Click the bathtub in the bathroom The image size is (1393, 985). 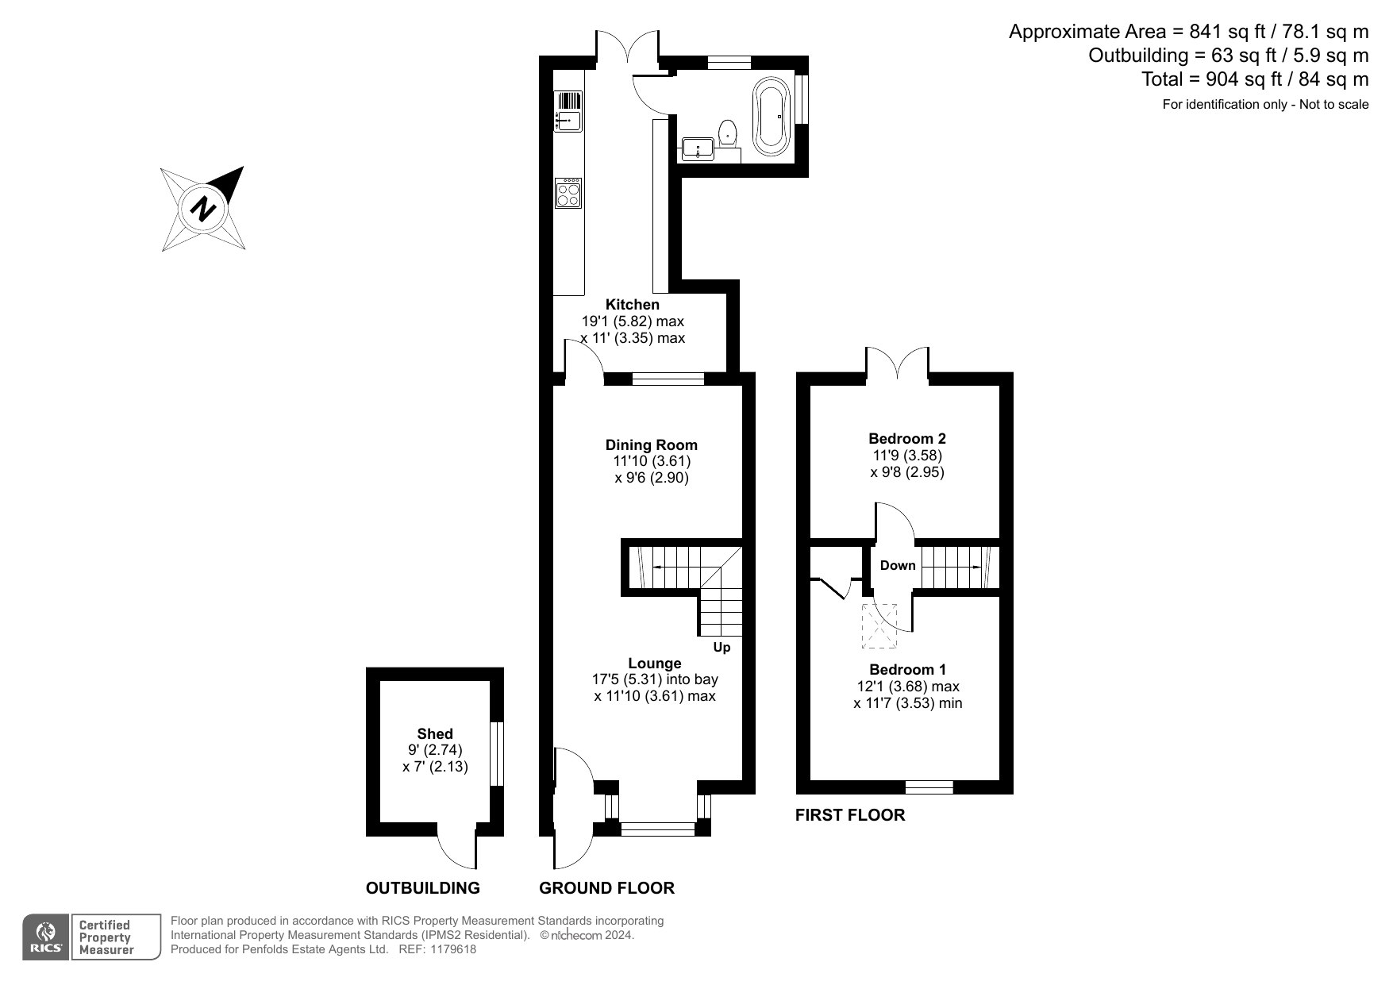click(772, 115)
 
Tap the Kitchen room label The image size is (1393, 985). click(633, 304)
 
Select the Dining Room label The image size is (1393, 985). click(652, 444)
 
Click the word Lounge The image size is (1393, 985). click(655, 663)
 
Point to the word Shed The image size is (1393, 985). click(435, 733)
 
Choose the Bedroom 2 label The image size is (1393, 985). click(907, 438)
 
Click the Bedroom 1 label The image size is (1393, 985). click(907, 669)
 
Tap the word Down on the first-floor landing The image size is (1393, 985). click(898, 565)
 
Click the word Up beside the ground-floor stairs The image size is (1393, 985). click(722, 648)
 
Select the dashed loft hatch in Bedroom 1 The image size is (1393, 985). click(880, 626)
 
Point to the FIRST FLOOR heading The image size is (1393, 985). click(850, 815)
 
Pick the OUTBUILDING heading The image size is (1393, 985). click(423, 888)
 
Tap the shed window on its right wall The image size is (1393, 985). click(496, 753)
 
